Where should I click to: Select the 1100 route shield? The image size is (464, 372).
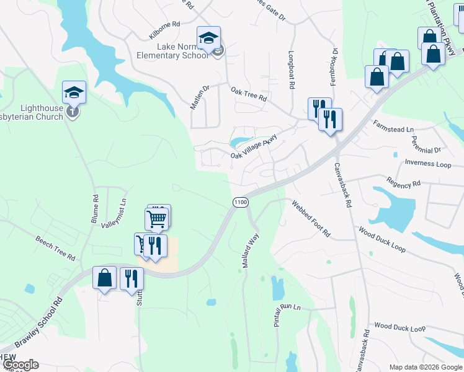240,202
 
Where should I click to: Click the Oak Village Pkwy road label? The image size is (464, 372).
253,149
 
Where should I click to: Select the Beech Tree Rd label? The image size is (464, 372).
55,248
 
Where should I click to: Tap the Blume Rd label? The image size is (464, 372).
95,210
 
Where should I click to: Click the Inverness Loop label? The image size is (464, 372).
428,164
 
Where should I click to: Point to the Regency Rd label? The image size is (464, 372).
403,184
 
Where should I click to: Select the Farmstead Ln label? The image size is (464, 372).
393,128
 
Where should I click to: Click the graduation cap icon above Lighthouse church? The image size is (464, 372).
74,92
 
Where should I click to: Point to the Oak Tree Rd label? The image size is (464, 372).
249,94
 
